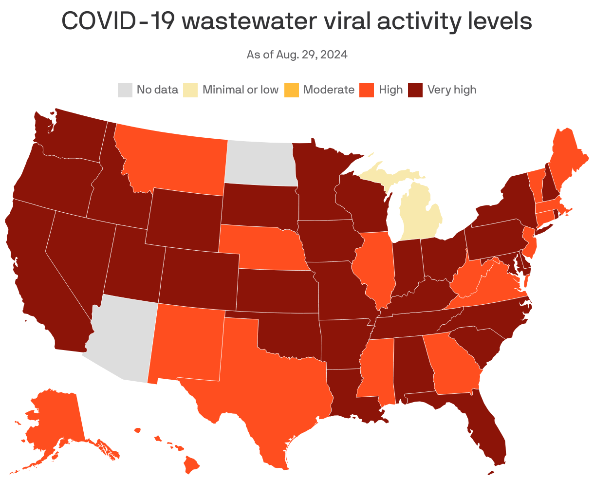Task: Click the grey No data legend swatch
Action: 125,90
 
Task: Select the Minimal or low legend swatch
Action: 190,90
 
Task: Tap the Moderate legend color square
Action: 291,90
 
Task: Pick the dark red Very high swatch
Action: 415,90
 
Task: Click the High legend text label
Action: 390,90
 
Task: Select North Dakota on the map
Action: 260,163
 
